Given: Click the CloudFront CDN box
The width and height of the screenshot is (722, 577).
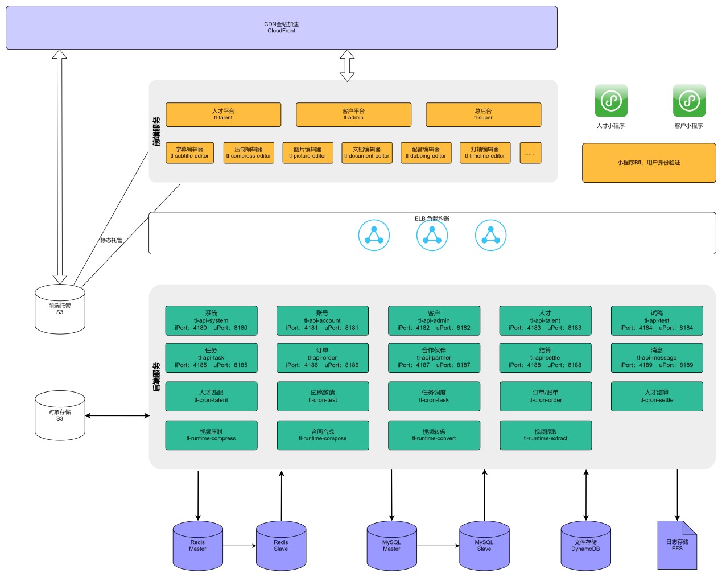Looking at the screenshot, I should point(281,27).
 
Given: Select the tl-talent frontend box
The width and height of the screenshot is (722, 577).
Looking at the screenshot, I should point(223,114).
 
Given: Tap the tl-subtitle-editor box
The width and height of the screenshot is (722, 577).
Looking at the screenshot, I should point(189,153).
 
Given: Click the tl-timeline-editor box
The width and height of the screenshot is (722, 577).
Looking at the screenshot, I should point(485,153).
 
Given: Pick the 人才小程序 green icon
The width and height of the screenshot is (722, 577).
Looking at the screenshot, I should point(610,101).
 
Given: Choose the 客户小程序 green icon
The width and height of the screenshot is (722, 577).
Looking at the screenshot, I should point(689,101).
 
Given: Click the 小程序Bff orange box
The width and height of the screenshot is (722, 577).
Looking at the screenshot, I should point(649,163).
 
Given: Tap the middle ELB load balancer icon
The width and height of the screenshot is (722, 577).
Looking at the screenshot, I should point(432,235).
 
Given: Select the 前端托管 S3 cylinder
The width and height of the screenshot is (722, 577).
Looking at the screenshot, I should point(60,309).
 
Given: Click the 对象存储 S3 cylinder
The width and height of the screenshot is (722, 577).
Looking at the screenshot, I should point(60,415).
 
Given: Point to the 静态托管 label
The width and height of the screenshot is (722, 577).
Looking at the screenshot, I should point(112,240).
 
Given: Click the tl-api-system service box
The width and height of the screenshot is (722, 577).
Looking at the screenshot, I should point(211,320).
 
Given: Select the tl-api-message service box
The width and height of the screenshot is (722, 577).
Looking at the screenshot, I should point(657,357).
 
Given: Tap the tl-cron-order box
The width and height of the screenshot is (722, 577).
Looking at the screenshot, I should point(545,396).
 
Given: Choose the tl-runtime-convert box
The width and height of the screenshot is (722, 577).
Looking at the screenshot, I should point(434,435).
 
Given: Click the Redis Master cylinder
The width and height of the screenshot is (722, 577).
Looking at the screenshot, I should point(198,546).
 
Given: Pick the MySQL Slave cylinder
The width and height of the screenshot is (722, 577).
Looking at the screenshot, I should point(484,546).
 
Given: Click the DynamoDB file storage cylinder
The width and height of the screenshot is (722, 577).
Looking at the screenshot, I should point(585,546).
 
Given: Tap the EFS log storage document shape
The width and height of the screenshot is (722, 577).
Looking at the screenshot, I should point(677,545).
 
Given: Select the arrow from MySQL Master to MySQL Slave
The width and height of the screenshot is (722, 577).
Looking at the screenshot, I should point(438,546).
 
